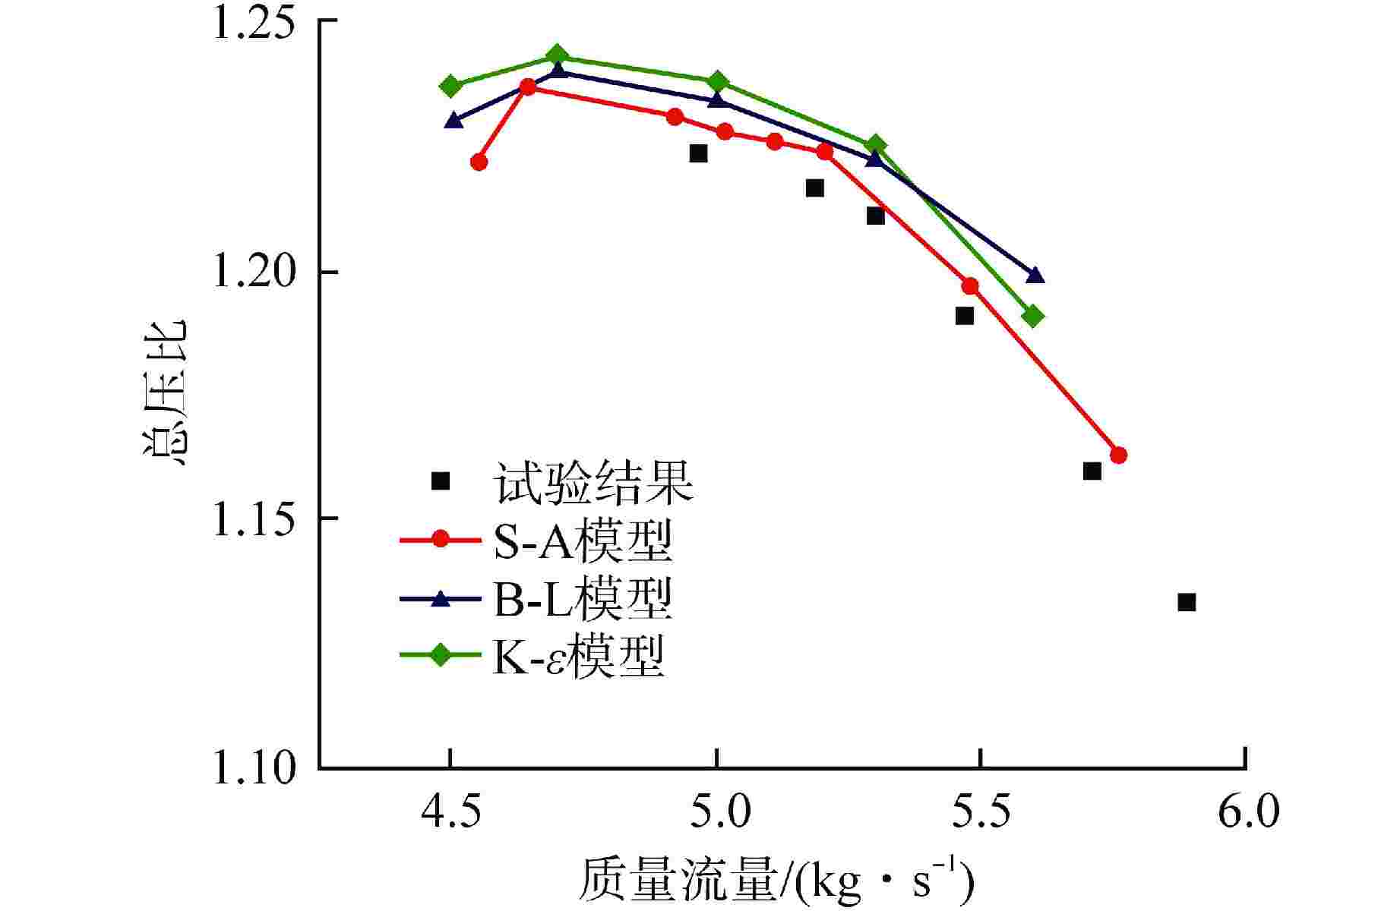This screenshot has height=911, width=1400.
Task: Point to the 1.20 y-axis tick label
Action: (x=251, y=273)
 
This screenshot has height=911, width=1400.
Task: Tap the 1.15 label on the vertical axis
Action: (x=251, y=520)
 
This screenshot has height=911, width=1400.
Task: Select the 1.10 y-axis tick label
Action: (x=251, y=768)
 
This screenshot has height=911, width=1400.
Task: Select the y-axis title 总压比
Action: (x=164, y=392)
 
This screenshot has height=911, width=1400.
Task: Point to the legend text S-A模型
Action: (x=583, y=541)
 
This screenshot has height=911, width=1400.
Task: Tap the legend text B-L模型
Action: (x=583, y=600)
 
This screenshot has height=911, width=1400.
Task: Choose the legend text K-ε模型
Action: (x=579, y=657)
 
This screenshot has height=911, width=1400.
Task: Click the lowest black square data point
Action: (x=1187, y=603)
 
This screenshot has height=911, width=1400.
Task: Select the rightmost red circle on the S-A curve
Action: (x=1118, y=455)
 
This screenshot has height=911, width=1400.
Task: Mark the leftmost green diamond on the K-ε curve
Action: (x=450, y=86)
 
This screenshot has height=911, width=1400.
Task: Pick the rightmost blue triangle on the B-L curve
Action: (x=1035, y=275)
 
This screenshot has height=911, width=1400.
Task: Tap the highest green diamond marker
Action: (x=557, y=55)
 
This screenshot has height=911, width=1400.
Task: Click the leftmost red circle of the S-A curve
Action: (x=479, y=162)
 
